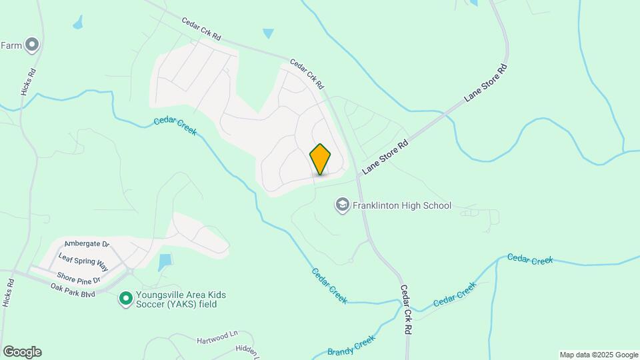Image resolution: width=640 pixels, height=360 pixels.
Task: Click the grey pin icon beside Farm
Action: click(32, 45)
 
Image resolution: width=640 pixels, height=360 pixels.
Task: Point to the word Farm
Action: click(11, 45)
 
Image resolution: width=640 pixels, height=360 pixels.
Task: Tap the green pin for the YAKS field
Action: click(125, 299)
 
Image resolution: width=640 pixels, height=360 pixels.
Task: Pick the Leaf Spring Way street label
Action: click(83, 260)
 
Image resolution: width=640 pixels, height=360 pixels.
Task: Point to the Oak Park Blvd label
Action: click(73, 290)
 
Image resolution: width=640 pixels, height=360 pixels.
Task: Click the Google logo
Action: click(22, 352)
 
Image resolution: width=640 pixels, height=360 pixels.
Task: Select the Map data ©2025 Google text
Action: click(599, 355)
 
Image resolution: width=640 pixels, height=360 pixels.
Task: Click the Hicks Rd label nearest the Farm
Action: click(27, 81)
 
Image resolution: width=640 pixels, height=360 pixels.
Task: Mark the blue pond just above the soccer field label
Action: click(165, 262)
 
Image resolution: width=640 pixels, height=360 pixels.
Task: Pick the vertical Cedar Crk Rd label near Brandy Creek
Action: click(405, 310)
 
